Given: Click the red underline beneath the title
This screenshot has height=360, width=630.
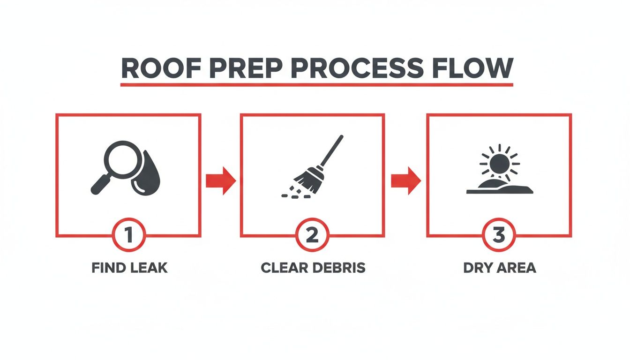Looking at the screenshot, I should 316,85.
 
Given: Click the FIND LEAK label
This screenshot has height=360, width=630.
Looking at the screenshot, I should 129,268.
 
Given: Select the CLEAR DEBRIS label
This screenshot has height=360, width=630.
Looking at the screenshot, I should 313,268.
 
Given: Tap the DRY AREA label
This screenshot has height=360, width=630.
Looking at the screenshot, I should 499,268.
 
